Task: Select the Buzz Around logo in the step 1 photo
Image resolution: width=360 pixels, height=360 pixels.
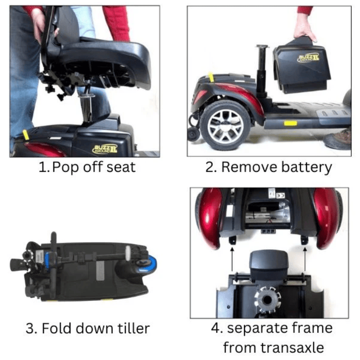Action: pos(105,149)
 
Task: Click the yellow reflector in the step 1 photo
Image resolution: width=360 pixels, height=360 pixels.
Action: pos(26,136)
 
